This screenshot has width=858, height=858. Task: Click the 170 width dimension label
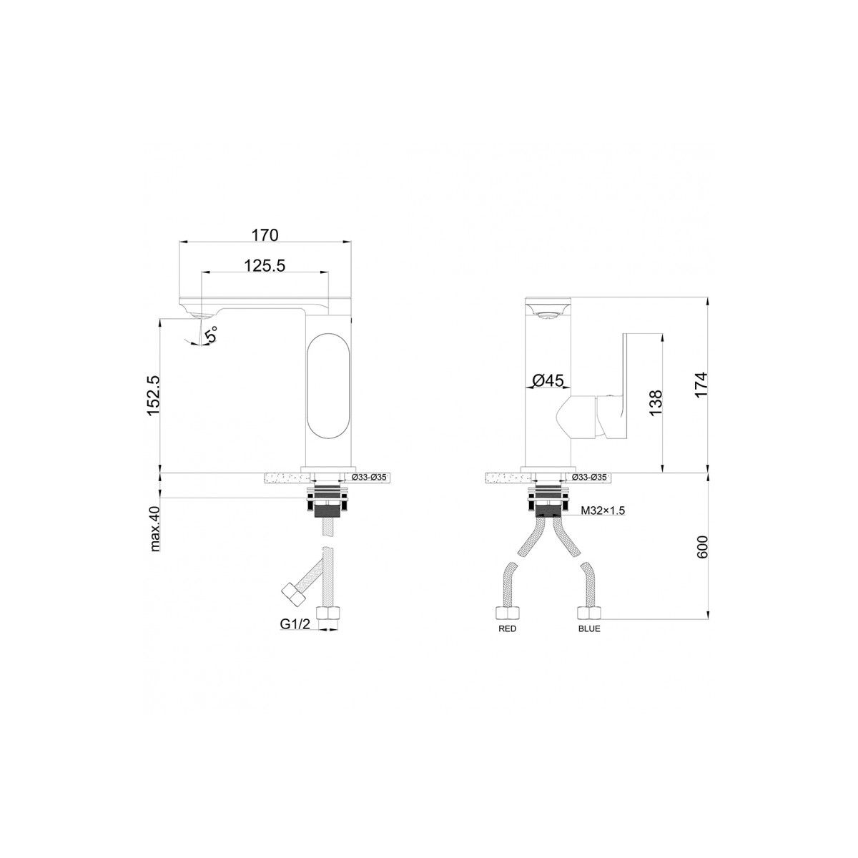(265, 235)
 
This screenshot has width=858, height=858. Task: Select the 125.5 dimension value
(265, 266)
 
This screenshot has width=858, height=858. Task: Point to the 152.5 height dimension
(153, 396)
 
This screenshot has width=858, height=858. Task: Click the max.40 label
(155, 529)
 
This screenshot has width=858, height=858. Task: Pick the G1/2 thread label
(295, 624)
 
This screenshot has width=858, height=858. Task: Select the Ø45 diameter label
(548, 380)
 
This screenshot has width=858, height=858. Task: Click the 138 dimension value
(656, 403)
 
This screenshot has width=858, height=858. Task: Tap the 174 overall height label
(701, 385)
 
